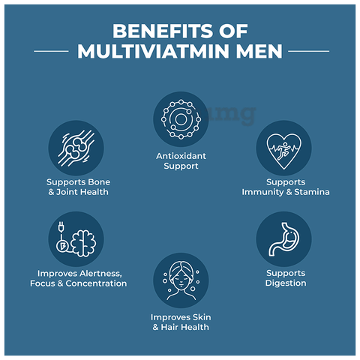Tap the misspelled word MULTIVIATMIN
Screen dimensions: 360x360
coord(153,52)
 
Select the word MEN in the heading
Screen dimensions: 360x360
coord(259,52)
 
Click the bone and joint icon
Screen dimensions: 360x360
coord(76,148)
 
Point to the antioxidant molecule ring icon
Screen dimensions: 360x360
coord(181,119)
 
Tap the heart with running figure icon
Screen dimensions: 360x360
coord(283,151)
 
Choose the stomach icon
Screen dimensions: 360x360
coord(284,239)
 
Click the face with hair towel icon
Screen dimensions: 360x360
coord(181,280)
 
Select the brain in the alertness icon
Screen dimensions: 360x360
coord(83,243)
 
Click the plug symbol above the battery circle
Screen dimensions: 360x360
coord(61,227)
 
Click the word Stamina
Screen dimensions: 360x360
coord(312,192)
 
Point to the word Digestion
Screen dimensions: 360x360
coord(286,283)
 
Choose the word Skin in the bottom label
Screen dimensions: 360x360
coord(202,317)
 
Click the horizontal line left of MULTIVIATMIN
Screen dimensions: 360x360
coord(51,51)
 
